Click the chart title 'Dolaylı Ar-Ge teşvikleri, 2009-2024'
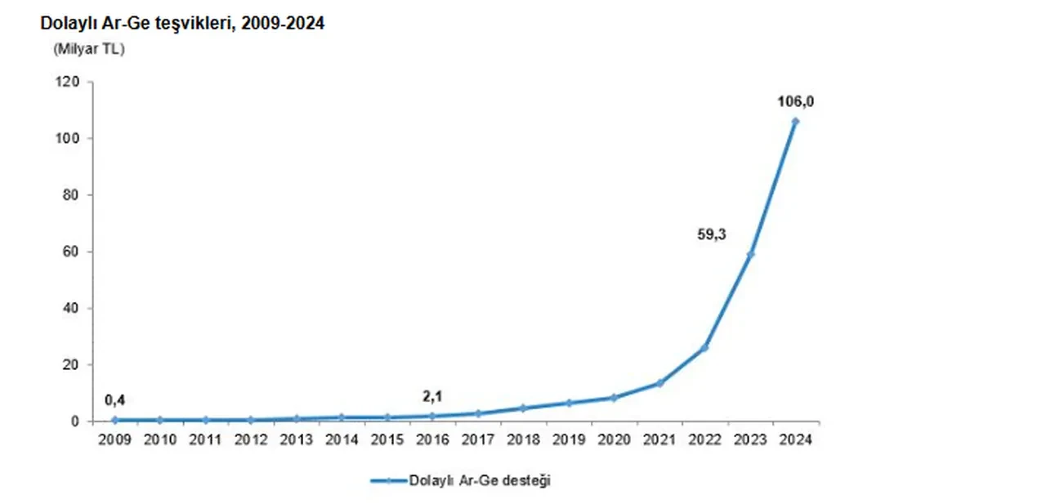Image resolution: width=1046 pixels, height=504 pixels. (182, 24)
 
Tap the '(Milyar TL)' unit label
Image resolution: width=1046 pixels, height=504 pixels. (88, 49)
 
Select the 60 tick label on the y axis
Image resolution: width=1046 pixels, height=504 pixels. (71, 252)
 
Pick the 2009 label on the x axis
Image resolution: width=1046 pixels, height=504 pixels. (115, 439)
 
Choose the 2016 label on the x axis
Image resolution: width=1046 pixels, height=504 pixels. (432, 439)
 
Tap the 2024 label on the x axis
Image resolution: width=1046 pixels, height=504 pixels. (795, 439)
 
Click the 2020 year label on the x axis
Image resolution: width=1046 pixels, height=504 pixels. (614, 439)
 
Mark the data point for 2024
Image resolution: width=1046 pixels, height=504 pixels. (795, 122)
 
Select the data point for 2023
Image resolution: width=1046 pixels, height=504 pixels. (750, 254)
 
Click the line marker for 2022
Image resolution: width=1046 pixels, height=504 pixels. (704, 348)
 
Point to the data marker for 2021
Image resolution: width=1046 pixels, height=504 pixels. (659, 383)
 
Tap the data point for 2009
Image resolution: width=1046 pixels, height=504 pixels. (115, 420)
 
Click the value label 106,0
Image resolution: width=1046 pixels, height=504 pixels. (795, 102)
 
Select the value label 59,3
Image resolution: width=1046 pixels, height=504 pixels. (711, 234)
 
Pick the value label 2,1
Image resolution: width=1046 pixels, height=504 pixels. (432, 397)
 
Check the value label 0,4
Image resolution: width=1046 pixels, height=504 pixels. (115, 399)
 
